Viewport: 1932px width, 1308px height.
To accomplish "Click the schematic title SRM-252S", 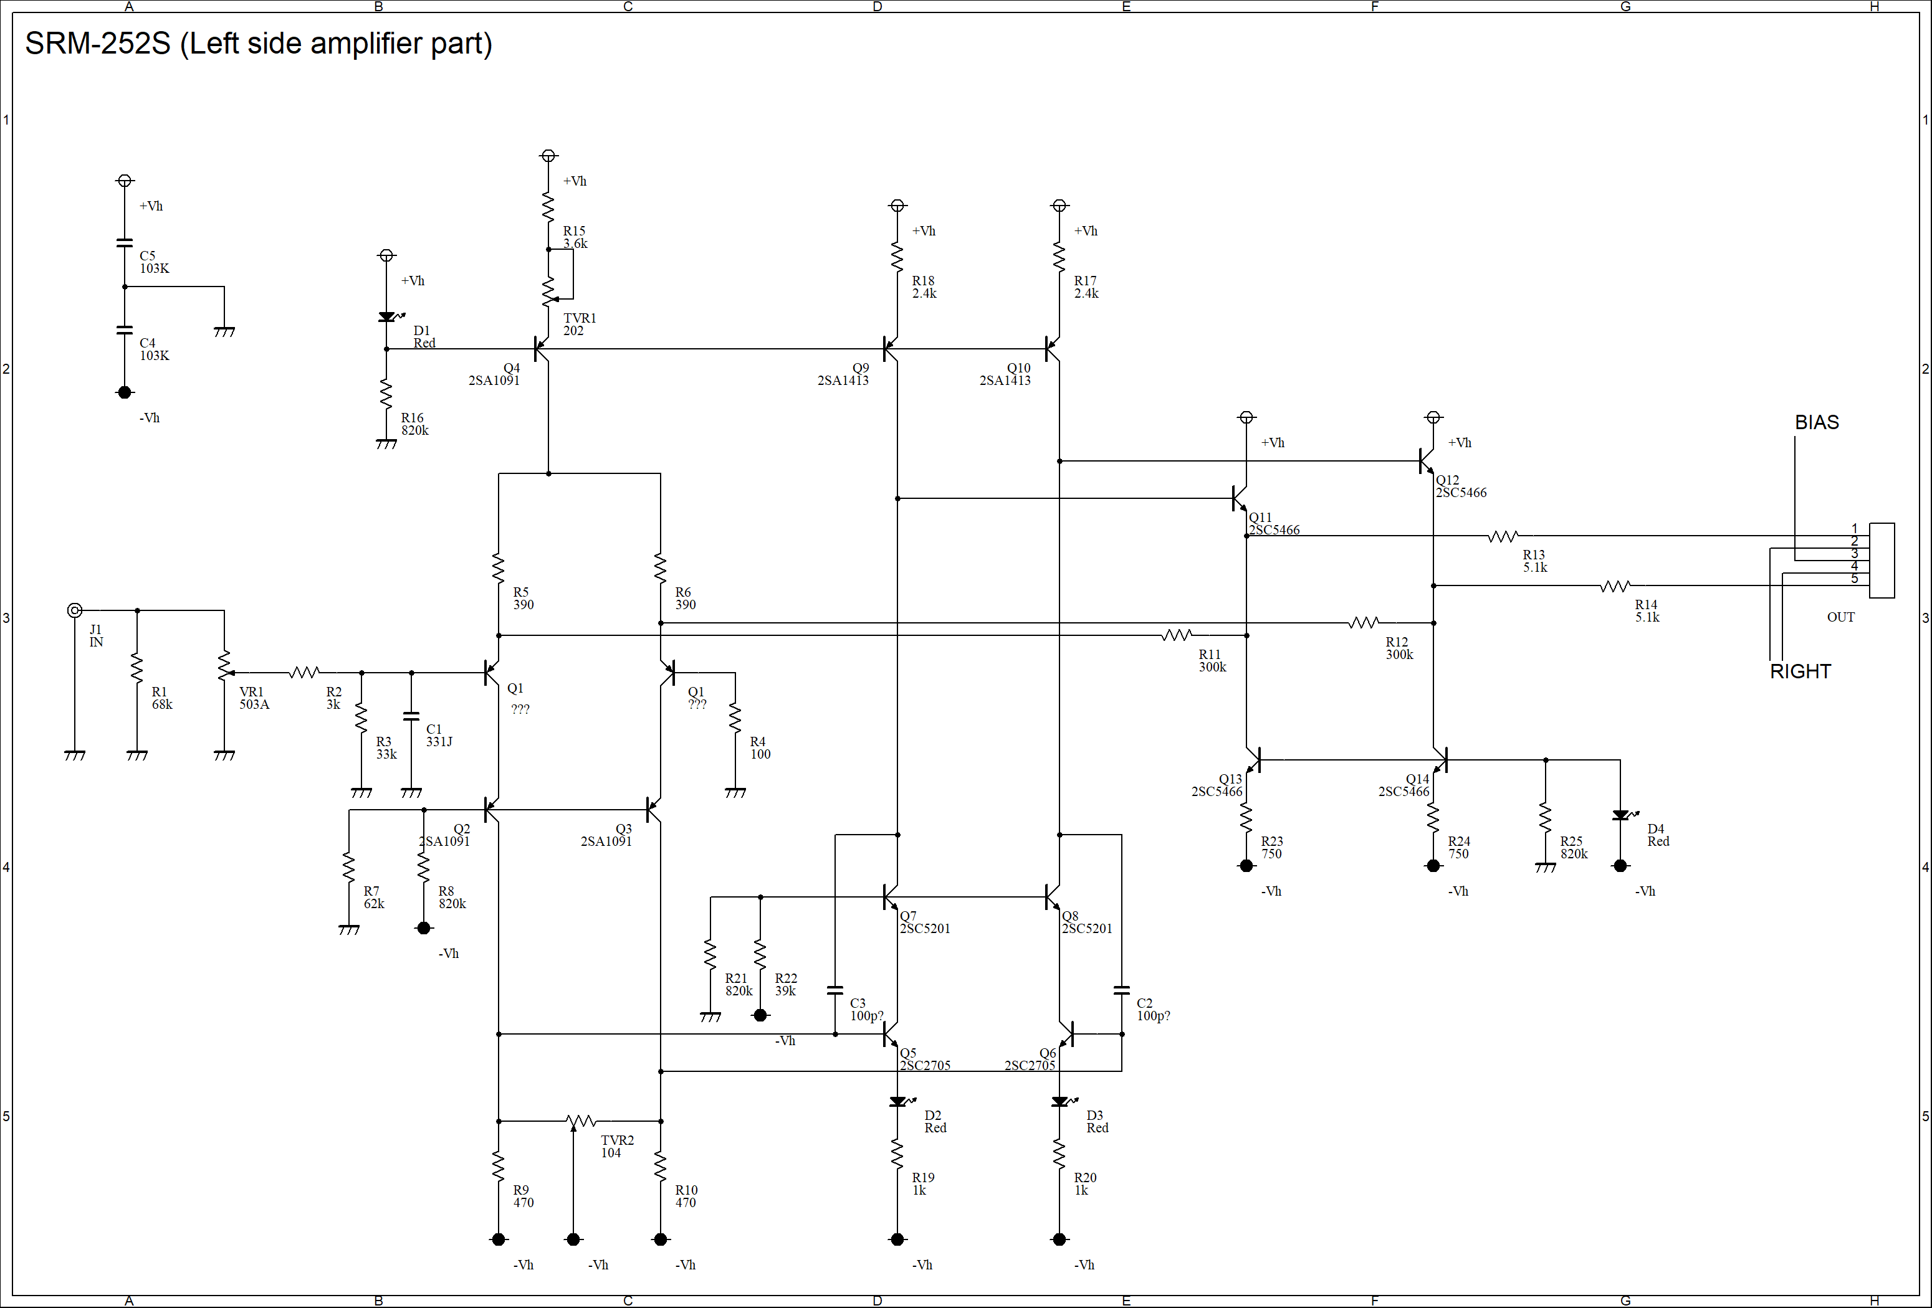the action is tap(98, 43).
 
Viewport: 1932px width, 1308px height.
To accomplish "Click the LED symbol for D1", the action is tap(388, 316).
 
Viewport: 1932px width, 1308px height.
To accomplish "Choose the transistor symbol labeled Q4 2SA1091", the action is tap(541, 349).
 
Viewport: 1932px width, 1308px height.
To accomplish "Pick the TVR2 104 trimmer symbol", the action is tap(581, 1122).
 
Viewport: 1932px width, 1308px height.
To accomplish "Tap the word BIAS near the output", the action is tap(1817, 422).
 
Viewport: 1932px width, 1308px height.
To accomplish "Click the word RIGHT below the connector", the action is tap(1800, 671).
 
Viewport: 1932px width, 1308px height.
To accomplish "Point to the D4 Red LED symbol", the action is tap(1622, 815).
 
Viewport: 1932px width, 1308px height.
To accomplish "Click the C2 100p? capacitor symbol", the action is tap(1121, 990).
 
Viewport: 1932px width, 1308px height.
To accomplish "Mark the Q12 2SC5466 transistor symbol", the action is tap(1427, 460).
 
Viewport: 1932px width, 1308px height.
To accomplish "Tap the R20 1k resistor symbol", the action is tap(1059, 1154).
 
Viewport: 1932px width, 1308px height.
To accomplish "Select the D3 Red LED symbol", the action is tap(1061, 1102).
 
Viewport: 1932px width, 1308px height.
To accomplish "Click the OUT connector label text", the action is tap(1840, 617).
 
